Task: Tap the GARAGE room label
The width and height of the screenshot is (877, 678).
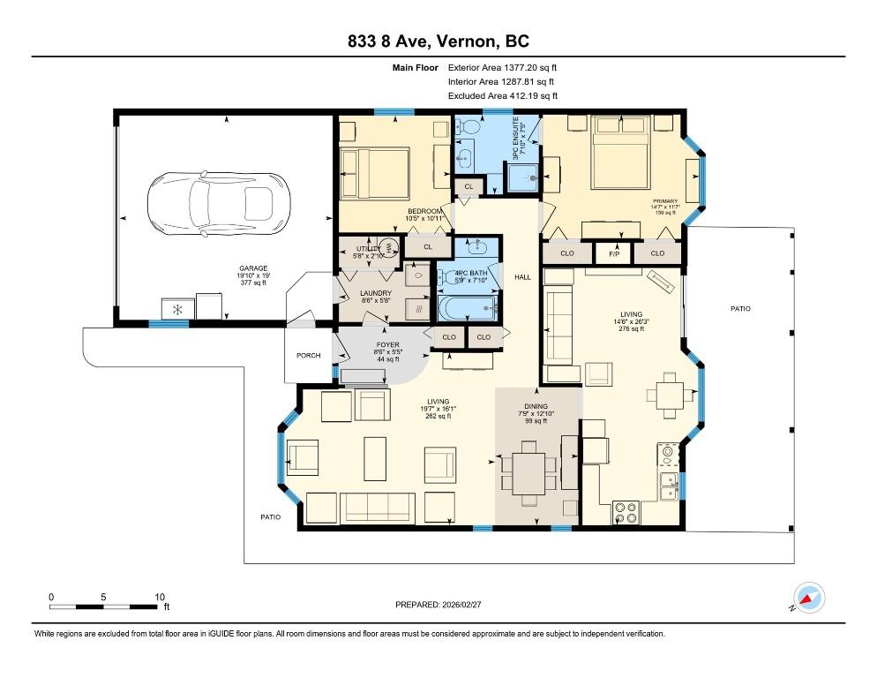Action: tap(252, 268)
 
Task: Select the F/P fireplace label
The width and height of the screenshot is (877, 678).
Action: tap(613, 253)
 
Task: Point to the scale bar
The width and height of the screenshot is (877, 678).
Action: tap(106, 606)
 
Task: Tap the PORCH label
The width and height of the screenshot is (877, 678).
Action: tap(308, 356)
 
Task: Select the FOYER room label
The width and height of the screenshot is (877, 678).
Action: tap(388, 345)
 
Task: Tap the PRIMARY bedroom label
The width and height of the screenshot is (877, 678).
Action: tap(664, 201)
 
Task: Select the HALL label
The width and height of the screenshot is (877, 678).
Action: tap(522, 277)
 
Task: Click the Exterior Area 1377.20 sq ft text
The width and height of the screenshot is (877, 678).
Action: tap(503, 67)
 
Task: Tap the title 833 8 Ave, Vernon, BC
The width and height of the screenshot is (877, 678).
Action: tap(438, 41)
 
